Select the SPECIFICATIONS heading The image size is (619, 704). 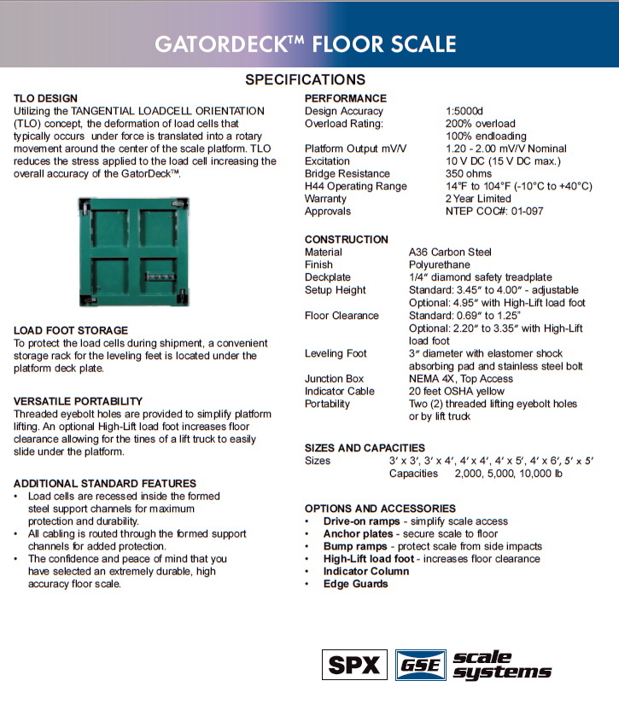(306, 80)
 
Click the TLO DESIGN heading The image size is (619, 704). (46, 99)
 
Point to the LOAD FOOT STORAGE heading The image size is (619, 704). (71, 330)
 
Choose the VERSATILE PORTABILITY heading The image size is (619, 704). (79, 401)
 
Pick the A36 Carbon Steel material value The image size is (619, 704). (450, 253)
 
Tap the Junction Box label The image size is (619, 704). (335, 379)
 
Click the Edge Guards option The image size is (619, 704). (355, 585)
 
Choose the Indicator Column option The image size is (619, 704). (366, 572)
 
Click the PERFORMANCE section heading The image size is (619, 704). (346, 99)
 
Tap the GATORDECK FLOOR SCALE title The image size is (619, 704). (306, 44)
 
